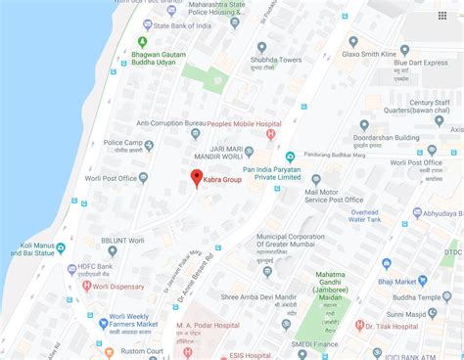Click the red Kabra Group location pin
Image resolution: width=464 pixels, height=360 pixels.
pos(196,178)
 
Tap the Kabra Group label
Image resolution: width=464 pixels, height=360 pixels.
pos(224,180)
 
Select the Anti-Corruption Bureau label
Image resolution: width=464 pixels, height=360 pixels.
pos(171,123)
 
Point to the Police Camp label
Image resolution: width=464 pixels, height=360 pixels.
pos(123,143)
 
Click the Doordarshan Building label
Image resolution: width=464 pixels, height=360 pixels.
pos(414,138)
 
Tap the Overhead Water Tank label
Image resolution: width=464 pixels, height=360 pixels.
pos(365,216)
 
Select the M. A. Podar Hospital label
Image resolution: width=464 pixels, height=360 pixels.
pos(209,325)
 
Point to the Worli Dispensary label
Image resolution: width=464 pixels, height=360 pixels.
pos(118,287)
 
